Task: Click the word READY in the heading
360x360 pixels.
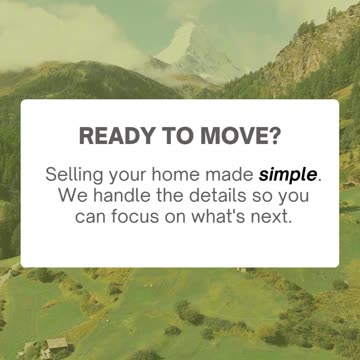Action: click(115, 136)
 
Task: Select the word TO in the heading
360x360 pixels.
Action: click(177, 136)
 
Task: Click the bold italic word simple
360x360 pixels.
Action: click(289, 174)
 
